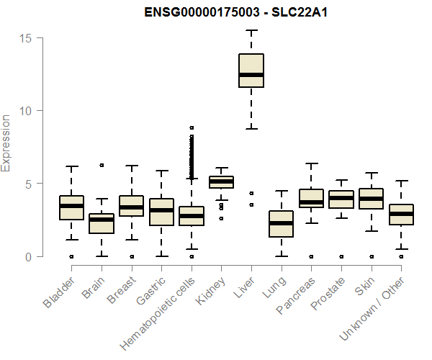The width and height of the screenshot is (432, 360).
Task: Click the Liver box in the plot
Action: click(x=251, y=70)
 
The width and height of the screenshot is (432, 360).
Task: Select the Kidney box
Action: click(x=221, y=181)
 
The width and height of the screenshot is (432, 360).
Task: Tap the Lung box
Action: click(x=282, y=224)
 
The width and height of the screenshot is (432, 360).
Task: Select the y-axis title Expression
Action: click(x=6, y=143)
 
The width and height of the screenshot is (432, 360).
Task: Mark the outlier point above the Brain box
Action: click(x=102, y=165)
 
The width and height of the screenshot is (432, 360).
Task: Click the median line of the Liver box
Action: click(x=251, y=74)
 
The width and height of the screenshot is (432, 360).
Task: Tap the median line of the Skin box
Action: click(x=371, y=198)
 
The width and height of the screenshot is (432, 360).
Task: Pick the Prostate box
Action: click(x=341, y=199)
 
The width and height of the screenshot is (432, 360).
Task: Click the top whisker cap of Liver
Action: click(x=251, y=30)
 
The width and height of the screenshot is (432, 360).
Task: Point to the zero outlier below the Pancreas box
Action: click(x=311, y=256)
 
